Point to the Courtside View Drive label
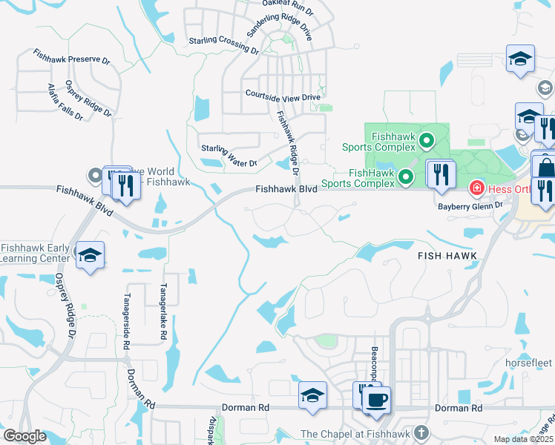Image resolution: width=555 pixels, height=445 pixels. (283, 96)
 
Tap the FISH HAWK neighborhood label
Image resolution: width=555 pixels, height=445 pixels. (446, 255)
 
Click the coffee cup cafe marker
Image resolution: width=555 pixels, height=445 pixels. (376, 399)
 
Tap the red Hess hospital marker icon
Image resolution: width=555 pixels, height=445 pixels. (476, 190)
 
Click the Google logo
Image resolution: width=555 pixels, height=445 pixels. (24, 436)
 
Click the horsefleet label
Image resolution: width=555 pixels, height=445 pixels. (528, 363)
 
